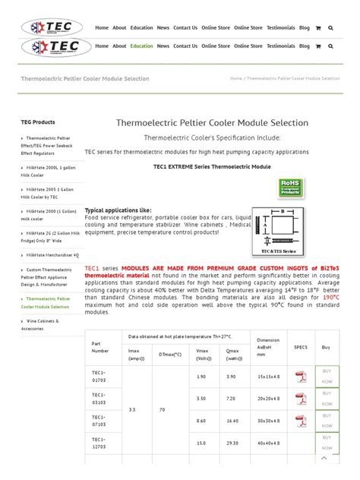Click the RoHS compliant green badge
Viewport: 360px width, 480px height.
pyautogui.click(x=289, y=187)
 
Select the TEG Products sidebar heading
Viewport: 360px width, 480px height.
pyautogui.click(x=37, y=122)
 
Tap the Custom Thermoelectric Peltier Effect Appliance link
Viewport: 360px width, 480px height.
pyautogui.click(x=52, y=277)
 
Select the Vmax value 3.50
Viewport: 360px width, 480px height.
pyautogui.click(x=201, y=398)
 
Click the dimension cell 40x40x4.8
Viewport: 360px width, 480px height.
pyautogui.click(x=268, y=442)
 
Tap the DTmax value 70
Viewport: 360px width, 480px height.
pyautogui.click(x=162, y=409)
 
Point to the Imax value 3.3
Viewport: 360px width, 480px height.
pyautogui.click(x=133, y=409)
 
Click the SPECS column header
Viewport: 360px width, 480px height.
pyautogui.click(x=300, y=346)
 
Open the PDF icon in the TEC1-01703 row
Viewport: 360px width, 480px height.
pyautogui.click(x=301, y=377)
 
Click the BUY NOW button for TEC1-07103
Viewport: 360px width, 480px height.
pyautogui.click(x=327, y=420)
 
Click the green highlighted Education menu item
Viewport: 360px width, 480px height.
pyautogui.click(x=141, y=46)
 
